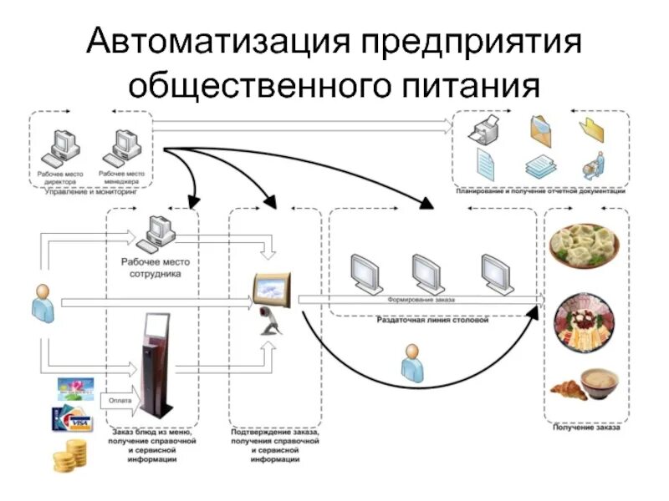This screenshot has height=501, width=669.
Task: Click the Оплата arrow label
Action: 120,401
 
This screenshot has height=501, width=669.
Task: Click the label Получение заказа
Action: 586,428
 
